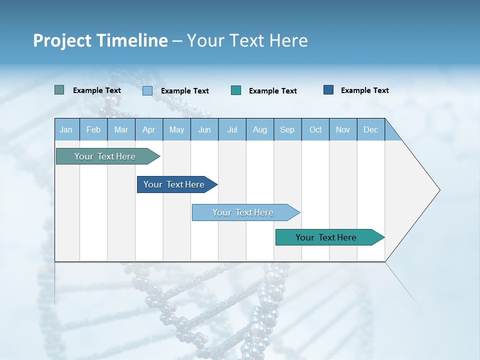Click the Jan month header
tap(66, 129)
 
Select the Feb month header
tap(93, 129)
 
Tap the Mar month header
tap(121, 129)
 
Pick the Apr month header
tap(149, 129)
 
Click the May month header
tap(176, 129)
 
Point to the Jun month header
tap(204, 129)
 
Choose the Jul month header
tap(232, 129)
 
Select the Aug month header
tap(260, 129)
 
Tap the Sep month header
tap(287, 129)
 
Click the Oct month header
tap(315, 129)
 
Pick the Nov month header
tap(343, 129)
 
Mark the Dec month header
tap(371, 129)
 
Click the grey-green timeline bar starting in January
tap(105, 156)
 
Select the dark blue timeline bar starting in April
tap(174, 184)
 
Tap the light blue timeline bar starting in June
tap(243, 212)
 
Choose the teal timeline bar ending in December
tap(326, 237)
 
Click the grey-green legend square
tap(59, 90)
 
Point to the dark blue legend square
tap(328, 90)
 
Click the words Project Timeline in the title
tap(100, 40)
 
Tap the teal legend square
tap(236, 90)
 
